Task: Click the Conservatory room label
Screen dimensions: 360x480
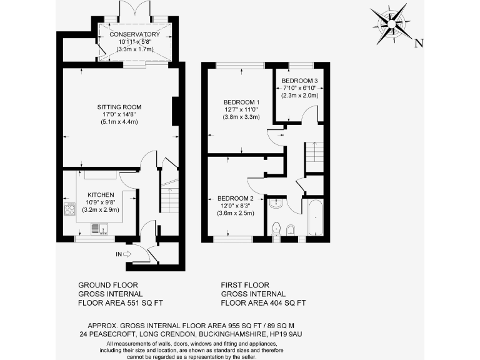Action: (134, 34)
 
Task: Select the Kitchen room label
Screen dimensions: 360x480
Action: (101, 195)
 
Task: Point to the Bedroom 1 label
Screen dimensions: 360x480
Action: (241, 102)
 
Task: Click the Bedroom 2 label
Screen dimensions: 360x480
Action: (236, 199)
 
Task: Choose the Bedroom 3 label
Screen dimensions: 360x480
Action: (299, 81)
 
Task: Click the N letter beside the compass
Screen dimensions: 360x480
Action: (419, 43)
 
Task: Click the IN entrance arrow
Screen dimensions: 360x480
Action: (122, 253)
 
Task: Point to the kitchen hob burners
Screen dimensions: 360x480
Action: (67, 209)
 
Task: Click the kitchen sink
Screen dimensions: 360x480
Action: (96, 229)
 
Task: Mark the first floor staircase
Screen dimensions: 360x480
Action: (314, 156)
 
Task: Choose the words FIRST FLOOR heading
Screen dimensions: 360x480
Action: (245, 284)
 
